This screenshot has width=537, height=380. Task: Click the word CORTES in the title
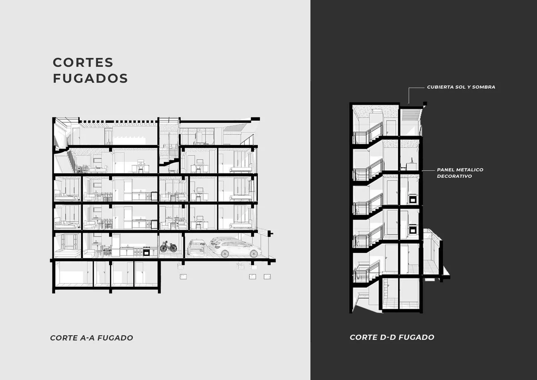(x=83, y=62)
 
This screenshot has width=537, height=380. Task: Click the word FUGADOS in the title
(x=90, y=78)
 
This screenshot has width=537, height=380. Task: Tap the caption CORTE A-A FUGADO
(x=92, y=338)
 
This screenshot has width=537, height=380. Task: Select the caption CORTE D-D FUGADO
(x=392, y=337)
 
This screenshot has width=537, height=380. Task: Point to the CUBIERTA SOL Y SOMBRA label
(x=461, y=87)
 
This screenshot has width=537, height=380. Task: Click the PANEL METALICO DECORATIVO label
(x=460, y=173)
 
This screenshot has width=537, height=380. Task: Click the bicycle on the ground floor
(x=169, y=246)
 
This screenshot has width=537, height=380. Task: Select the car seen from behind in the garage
(x=197, y=247)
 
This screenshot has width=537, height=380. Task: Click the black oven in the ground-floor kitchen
(x=146, y=251)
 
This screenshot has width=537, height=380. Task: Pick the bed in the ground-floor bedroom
(x=68, y=253)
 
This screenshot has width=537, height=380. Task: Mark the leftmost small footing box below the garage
(x=183, y=276)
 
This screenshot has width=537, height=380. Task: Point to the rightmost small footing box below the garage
(x=267, y=276)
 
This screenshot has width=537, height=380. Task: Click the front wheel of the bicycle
(x=173, y=248)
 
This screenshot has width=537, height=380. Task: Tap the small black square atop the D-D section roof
(x=425, y=104)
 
